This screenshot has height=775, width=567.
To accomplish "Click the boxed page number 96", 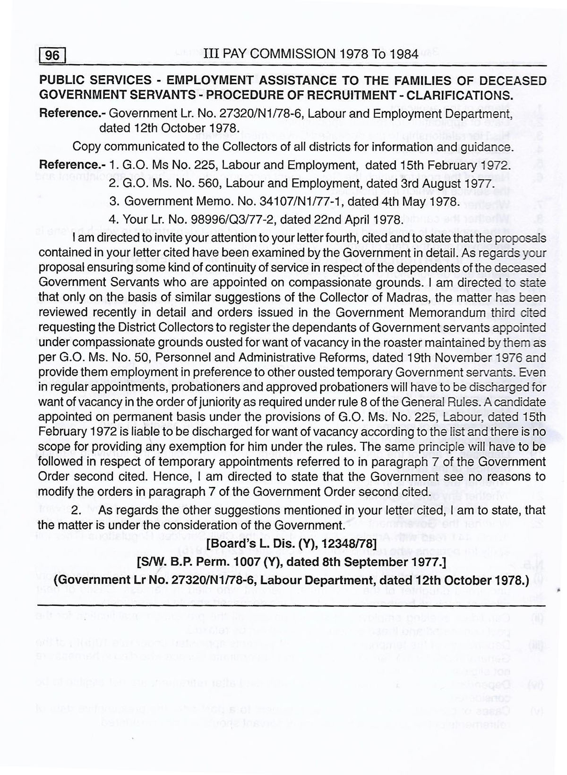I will click(52, 56).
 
